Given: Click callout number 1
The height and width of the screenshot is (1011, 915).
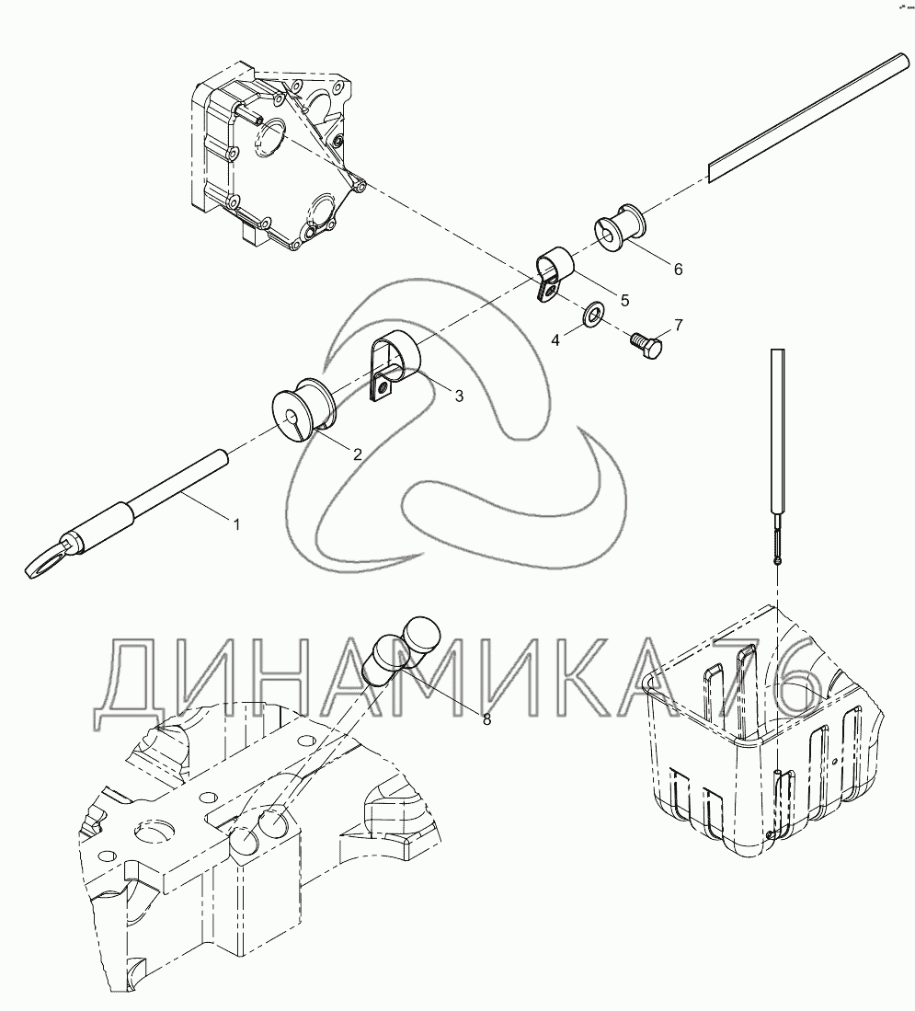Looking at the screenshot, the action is (x=236, y=525).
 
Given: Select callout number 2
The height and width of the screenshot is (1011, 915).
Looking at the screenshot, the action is (x=357, y=454).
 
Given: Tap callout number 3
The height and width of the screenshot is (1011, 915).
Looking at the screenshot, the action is (x=459, y=396).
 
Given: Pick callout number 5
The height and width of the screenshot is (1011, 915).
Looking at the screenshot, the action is (x=624, y=300).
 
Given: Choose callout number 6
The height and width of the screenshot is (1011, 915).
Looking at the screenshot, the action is (x=678, y=269).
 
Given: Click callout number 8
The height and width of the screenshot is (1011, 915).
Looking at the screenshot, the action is (x=486, y=718).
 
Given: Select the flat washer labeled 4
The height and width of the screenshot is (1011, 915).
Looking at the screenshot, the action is (x=592, y=314).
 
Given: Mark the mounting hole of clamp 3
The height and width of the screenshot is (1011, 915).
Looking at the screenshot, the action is (x=383, y=388).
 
